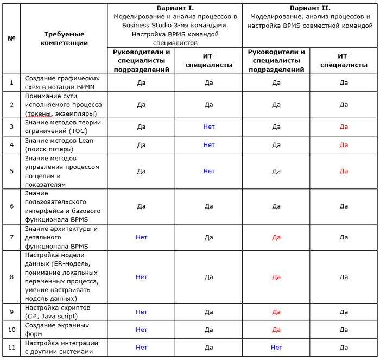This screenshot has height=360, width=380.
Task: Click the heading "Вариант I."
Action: point(175,8)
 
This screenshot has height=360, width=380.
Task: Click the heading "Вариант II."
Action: point(310,8)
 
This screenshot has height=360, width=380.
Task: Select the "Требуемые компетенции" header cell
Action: point(64,39)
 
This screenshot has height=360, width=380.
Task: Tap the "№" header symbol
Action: point(11,39)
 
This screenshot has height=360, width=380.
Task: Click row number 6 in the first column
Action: point(11,206)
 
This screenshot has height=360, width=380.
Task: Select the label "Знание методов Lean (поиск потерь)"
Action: point(59,145)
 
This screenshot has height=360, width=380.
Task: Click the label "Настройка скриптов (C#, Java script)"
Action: point(58,312)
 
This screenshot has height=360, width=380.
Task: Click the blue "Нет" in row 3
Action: point(209,127)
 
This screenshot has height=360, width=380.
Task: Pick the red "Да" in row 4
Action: point(344,145)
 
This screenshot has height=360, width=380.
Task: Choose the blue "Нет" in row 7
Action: point(141,237)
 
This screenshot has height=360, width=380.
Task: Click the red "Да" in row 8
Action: point(276,277)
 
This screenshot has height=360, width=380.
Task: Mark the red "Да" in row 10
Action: point(276,330)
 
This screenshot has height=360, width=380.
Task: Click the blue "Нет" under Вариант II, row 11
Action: point(276,348)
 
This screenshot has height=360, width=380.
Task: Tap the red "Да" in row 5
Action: point(344,171)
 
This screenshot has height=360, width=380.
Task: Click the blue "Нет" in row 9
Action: point(141,312)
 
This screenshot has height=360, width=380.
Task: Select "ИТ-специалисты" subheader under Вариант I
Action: point(209,60)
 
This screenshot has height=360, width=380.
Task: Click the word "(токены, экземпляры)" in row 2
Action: point(61,113)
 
